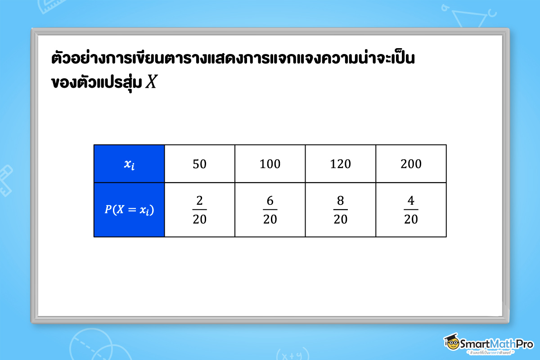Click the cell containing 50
(199, 164)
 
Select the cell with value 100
(270, 164)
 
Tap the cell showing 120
(341, 164)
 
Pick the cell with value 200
(411, 164)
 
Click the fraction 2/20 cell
(199, 210)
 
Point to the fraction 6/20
(270, 210)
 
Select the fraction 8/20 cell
(341, 210)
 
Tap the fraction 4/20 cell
(411, 210)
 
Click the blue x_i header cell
(129, 164)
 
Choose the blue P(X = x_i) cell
(129, 210)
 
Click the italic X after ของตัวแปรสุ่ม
(151, 83)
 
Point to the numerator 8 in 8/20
(341, 201)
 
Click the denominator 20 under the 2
(199, 219)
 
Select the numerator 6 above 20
(270, 201)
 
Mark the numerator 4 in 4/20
(411, 201)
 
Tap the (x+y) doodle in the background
(290, 354)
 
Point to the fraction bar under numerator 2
(199, 210)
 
